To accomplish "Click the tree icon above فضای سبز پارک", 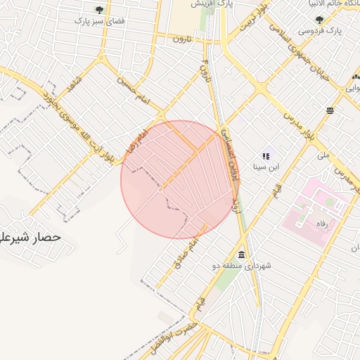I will pos(99,10).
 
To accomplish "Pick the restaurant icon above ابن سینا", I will pos(266,155).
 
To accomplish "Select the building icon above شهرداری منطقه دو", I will pos(242,255).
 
